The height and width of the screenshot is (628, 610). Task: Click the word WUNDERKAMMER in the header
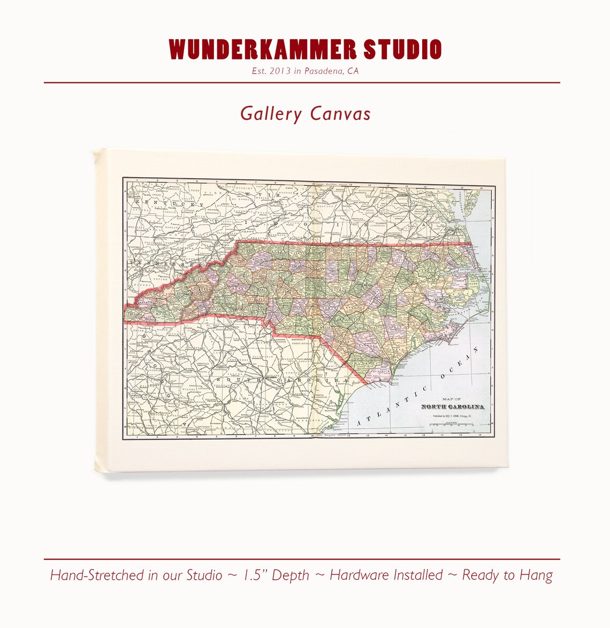[263, 49]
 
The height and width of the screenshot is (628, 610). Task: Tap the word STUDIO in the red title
[402, 49]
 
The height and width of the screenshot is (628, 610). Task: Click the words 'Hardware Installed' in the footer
[386, 576]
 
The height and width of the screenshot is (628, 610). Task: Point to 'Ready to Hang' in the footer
[507, 576]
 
